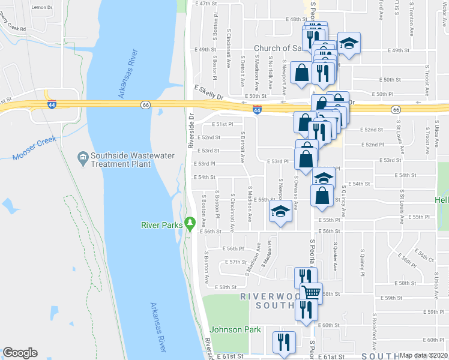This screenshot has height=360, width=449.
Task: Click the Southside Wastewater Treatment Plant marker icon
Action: [83, 159]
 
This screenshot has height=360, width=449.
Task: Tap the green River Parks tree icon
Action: [190, 223]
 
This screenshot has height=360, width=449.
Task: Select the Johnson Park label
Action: [235, 329]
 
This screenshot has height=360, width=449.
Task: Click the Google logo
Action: [20, 353]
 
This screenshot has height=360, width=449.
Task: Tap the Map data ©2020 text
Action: [423, 355]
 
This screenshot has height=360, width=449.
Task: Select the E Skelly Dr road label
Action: [208, 91]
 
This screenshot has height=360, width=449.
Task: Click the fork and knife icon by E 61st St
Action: [283, 343]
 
